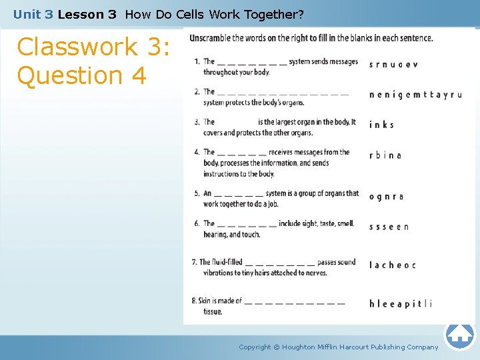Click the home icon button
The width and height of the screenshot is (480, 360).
tap(459, 333)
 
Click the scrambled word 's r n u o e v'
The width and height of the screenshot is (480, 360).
tap(393, 65)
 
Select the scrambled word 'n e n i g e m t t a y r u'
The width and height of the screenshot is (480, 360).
tap(415, 95)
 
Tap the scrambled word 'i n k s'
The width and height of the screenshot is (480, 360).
tap(381, 125)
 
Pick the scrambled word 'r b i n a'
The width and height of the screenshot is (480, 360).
tap(385, 155)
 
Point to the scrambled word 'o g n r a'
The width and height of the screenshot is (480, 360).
tap(386, 197)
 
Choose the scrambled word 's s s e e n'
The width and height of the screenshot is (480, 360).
tap(389, 227)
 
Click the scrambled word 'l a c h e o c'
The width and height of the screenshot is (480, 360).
tap(392, 265)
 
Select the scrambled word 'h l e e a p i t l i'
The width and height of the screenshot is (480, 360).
tap(400, 304)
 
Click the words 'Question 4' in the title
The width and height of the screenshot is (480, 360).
tap(81, 75)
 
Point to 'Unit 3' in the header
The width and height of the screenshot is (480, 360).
tap(33, 14)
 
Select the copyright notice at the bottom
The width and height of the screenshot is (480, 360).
tap(339, 347)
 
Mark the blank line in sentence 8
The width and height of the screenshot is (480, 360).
tap(295, 302)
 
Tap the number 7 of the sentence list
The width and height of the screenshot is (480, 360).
tap(194, 263)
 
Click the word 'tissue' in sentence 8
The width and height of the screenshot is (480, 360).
tap(213, 311)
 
